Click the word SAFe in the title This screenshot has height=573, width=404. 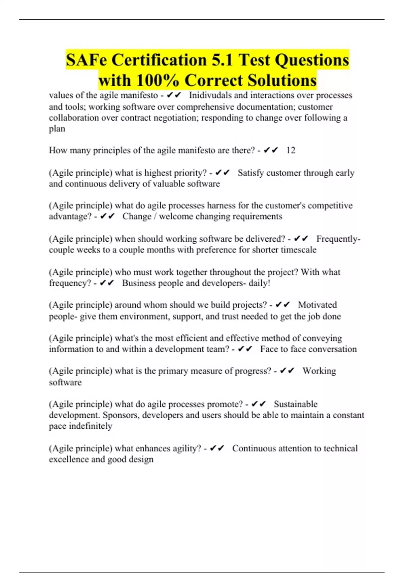pos(86,60)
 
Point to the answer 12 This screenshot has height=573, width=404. pos(291,150)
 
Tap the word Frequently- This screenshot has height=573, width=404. pos(338,239)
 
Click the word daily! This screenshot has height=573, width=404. pos(259,283)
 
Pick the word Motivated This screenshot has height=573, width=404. pos(317,305)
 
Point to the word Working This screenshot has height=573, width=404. pos(319,371)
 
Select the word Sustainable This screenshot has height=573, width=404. pos(295,404)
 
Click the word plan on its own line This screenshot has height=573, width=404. pos(57,129)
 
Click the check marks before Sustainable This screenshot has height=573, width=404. pos(259,404)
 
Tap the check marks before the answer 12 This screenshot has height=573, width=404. pos(271,150)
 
